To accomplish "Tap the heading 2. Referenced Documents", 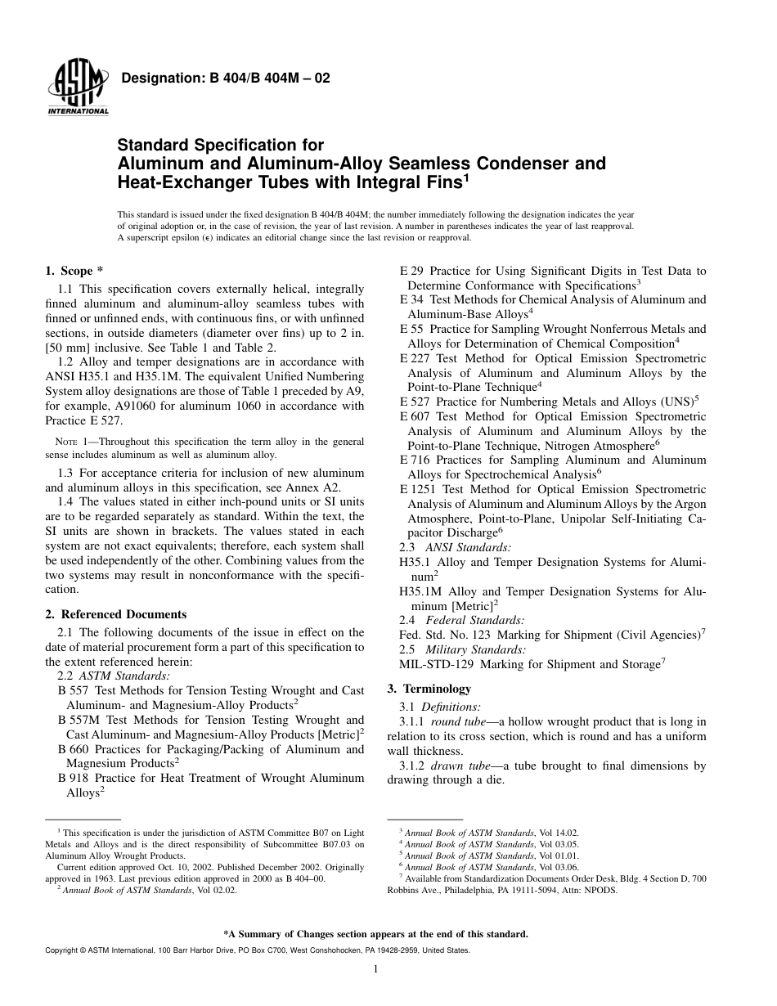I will [115, 614].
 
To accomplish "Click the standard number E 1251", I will [415, 488].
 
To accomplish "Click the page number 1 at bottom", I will [374, 969].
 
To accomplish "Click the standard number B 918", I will [74, 778].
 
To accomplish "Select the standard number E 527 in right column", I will [415, 402].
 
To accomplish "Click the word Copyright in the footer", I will [64, 950].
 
